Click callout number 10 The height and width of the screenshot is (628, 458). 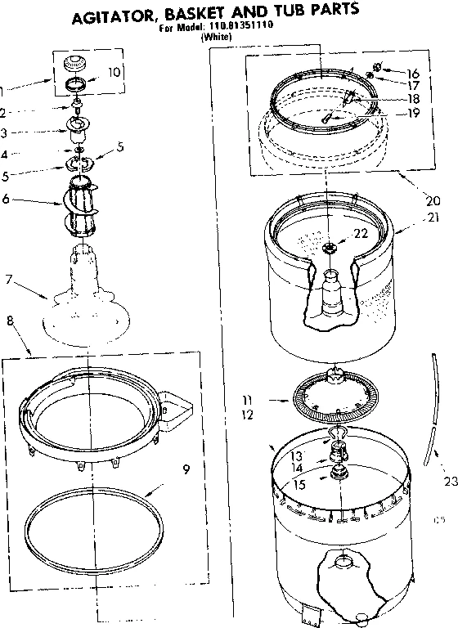coord(114,72)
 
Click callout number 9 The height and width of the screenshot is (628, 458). coord(186,469)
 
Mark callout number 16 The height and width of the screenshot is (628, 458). coord(412,72)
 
